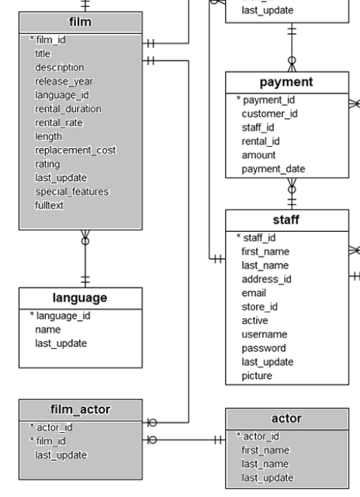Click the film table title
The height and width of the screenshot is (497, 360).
[x=80, y=23]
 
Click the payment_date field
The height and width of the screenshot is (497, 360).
[x=273, y=169]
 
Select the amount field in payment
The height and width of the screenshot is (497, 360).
[x=258, y=154]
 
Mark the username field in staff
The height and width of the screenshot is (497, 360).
[x=263, y=334]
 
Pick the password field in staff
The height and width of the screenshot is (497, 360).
[x=263, y=348]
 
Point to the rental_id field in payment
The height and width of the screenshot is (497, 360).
[x=261, y=141]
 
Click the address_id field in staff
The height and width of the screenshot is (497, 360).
[x=266, y=279]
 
